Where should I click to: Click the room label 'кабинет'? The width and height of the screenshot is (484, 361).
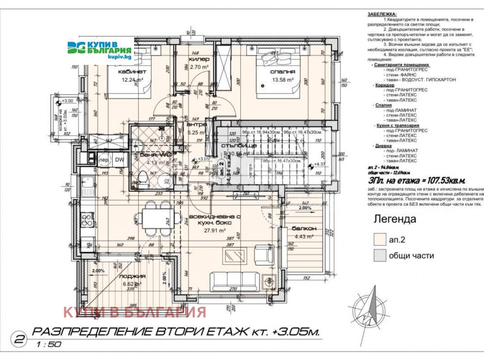tap(132, 72)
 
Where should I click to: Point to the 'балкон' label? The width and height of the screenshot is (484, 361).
tap(303, 228)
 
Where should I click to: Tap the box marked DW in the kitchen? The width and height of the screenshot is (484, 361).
tap(119, 160)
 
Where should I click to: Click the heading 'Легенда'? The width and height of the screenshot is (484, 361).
tap(394, 219)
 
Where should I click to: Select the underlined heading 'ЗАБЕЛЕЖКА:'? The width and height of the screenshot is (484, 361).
tap(381, 15)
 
